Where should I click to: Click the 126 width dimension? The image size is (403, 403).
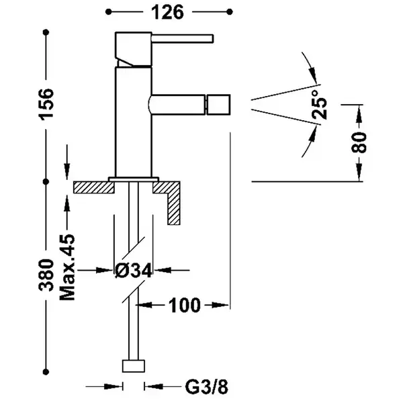(x=167, y=12)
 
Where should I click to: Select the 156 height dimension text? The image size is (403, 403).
(x=46, y=104)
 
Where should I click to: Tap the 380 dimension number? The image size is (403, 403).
(x=46, y=275)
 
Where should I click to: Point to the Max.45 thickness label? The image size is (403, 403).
(x=67, y=267)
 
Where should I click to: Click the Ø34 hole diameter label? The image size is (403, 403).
(x=134, y=271)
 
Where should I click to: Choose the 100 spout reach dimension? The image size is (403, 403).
(x=184, y=306)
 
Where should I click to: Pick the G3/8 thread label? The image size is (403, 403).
(x=206, y=386)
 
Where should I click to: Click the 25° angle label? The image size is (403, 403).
(x=320, y=104)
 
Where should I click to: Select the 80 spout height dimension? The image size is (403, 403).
(x=359, y=142)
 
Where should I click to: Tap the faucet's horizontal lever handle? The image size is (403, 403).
(x=183, y=38)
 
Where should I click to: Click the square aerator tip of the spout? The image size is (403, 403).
(x=218, y=105)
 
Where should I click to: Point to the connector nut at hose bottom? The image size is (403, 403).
(x=134, y=366)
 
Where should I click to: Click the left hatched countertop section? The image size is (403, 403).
(x=94, y=187)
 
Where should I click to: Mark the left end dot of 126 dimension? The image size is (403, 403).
(x=109, y=12)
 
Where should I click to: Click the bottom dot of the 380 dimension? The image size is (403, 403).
(x=46, y=371)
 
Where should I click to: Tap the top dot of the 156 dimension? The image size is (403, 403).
(x=46, y=32)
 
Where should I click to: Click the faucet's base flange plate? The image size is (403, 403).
(x=134, y=179)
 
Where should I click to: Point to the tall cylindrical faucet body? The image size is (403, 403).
(x=134, y=122)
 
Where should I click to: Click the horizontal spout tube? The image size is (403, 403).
(x=177, y=105)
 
